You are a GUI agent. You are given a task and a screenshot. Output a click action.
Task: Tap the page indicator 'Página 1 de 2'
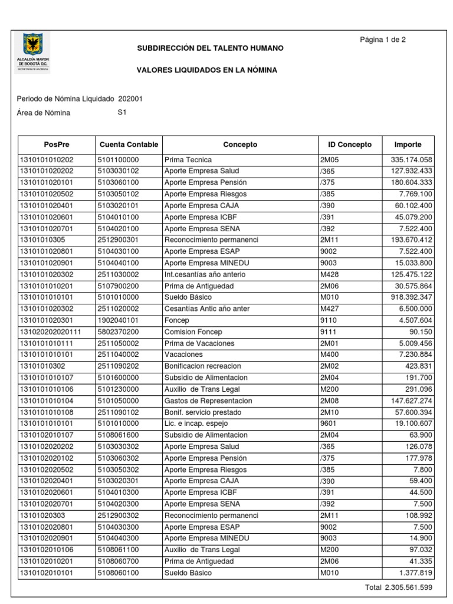[x=382, y=40]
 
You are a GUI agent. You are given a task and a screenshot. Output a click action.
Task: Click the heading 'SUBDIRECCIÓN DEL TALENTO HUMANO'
[x=210, y=47]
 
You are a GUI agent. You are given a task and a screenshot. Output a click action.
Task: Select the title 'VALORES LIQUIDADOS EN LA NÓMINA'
[x=206, y=70]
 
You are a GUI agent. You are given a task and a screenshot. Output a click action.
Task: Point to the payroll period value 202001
[x=130, y=99]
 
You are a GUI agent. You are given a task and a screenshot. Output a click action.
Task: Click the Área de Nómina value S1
[x=123, y=113]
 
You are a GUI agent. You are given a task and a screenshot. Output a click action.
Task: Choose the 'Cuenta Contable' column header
[x=129, y=145]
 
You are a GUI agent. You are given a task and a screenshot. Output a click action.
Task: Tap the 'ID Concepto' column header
[x=350, y=145]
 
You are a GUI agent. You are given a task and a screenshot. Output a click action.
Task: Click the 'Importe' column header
[x=408, y=145]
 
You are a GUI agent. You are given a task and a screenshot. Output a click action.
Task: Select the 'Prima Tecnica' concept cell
[x=188, y=160]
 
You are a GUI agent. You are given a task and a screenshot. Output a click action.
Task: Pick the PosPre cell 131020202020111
[x=51, y=332]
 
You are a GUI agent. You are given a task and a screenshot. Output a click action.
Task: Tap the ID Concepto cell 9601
[x=327, y=424]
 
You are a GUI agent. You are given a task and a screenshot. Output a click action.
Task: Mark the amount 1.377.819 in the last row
[x=416, y=572]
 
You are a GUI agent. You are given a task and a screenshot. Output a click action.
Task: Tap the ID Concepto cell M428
[x=329, y=275]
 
